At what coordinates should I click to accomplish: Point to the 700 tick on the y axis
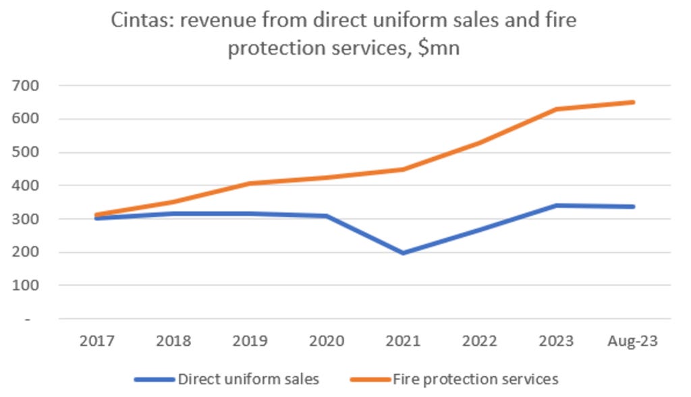[26, 86]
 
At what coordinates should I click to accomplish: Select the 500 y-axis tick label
[26, 152]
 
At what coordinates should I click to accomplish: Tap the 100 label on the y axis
[26, 285]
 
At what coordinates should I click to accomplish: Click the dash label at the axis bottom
[28, 319]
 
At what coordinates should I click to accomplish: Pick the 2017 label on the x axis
[96, 342]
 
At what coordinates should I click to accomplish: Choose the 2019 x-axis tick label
[250, 342]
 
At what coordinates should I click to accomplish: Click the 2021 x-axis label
[403, 342]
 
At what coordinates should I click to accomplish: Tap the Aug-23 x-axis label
[632, 342]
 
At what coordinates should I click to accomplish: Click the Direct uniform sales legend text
[248, 379]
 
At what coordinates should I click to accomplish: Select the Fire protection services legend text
[476, 379]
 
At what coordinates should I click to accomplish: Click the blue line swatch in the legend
[155, 379]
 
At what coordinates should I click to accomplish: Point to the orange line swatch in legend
[370, 379]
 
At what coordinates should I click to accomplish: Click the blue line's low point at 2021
[403, 253]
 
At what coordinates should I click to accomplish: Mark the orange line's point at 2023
[556, 109]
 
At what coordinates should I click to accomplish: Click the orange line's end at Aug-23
[633, 102]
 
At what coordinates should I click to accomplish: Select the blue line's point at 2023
[556, 206]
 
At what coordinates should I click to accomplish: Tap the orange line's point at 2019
[250, 183]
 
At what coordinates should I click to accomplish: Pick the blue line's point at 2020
[327, 216]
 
